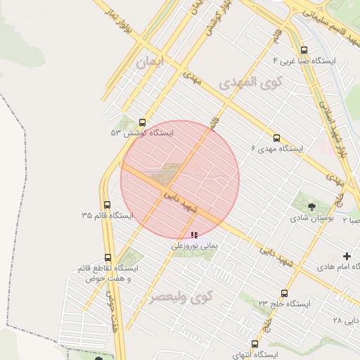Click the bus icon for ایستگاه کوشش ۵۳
143,122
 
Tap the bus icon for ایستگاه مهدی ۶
276,138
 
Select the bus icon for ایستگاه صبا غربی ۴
304,50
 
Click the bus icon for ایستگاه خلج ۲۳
284,293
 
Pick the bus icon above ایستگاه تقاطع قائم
108,257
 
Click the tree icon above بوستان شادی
311,206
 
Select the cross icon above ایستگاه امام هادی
347,257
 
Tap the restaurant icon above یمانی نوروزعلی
193,235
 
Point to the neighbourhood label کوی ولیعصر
180,297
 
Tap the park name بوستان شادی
312,218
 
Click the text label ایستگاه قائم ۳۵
107,216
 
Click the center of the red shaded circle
180,180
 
